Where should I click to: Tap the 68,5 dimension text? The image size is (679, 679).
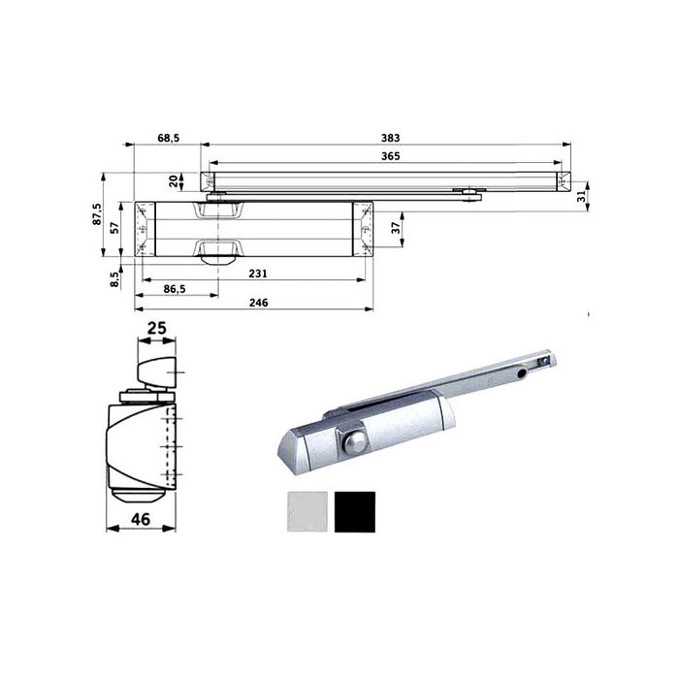168,139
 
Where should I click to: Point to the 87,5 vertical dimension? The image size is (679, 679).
97,213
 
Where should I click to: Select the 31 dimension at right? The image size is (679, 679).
580,196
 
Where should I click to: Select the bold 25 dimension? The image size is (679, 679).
156,329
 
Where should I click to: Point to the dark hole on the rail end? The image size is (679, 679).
522,372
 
